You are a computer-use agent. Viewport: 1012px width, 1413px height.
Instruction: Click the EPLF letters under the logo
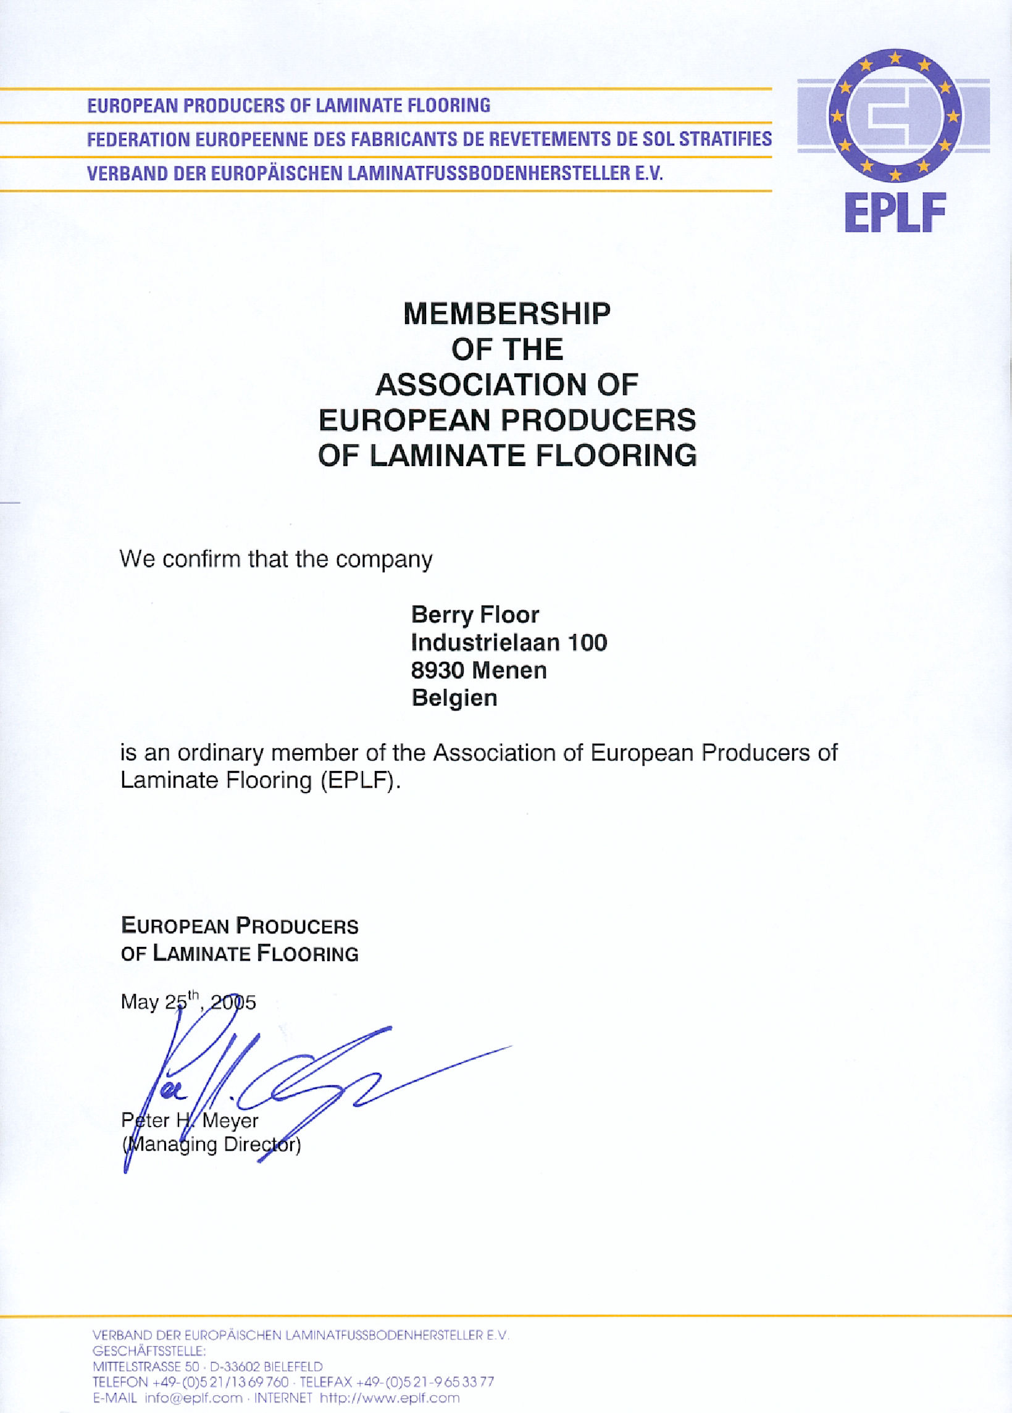[895, 213]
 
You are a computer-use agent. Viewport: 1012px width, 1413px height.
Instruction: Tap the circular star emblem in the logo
[895, 116]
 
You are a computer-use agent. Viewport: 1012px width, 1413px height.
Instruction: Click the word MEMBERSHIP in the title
[507, 314]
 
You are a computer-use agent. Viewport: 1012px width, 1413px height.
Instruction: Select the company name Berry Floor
[475, 615]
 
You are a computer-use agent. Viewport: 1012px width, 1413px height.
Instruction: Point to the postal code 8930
[437, 670]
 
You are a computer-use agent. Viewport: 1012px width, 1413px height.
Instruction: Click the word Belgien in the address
[454, 698]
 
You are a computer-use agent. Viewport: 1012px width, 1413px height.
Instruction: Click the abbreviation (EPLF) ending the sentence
[360, 781]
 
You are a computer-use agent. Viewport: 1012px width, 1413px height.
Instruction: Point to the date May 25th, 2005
[188, 1002]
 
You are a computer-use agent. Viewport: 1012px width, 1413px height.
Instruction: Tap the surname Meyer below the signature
[230, 1121]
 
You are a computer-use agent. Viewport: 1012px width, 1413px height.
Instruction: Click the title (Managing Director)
[212, 1145]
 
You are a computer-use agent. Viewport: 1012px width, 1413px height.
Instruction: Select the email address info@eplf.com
[193, 1398]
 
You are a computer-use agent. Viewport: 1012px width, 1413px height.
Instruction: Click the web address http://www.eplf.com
[390, 1398]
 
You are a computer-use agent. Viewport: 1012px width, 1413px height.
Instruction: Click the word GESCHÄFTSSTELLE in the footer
[149, 1351]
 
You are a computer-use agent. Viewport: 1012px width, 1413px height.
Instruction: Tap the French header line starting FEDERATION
[429, 139]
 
